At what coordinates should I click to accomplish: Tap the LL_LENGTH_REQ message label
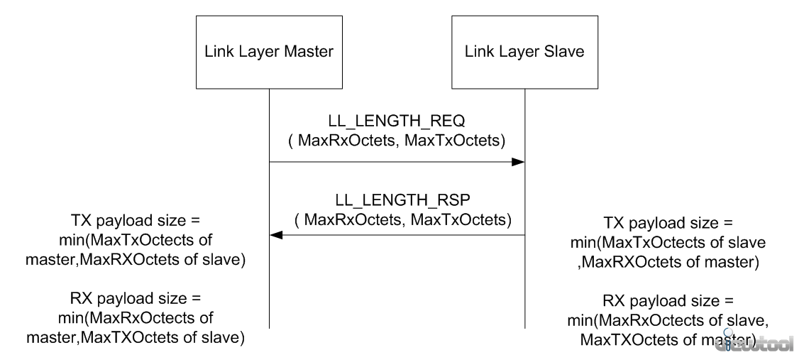coord(397,121)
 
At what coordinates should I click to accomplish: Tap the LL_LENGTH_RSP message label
coord(403,200)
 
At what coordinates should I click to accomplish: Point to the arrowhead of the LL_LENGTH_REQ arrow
coord(518,162)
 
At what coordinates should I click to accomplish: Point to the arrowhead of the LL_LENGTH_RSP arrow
coord(276,236)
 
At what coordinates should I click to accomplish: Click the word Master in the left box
coord(309,51)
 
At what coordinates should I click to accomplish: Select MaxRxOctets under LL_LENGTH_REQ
coord(346,141)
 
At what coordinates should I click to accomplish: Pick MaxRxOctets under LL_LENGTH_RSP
coord(353,219)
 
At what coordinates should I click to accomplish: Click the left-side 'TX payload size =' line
coord(135,221)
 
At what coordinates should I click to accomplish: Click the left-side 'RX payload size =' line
coord(136,299)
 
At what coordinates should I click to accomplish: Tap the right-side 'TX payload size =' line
coord(668,224)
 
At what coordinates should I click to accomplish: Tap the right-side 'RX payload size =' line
coord(668,302)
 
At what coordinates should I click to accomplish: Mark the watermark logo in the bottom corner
coord(755,342)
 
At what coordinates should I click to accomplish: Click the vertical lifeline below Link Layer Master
coord(269,209)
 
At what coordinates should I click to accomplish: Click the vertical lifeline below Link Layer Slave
coord(524,209)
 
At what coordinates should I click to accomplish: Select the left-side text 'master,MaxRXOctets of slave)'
coord(136,260)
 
